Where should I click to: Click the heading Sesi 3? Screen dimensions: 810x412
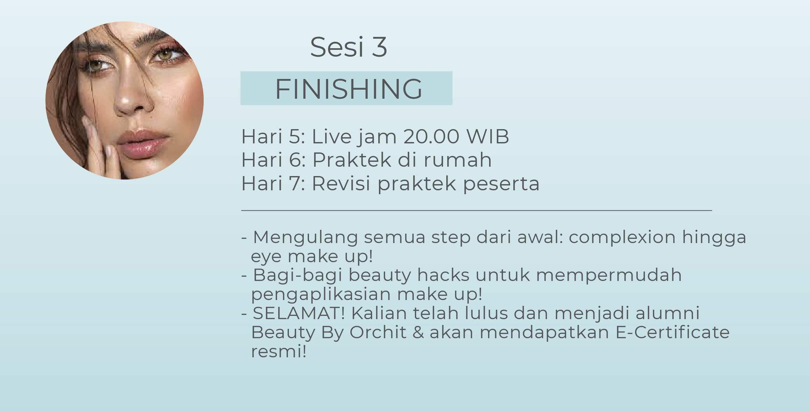(348, 47)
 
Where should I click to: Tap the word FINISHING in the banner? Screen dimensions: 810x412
(348, 89)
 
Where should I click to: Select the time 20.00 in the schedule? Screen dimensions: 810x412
(431, 136)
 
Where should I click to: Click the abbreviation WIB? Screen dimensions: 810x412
(487, 136)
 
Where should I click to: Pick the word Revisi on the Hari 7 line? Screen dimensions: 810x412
(341, 184)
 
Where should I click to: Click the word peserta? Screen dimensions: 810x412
(501, 184)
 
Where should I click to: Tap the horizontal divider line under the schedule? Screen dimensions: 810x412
(476, 210)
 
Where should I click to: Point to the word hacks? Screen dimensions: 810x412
(443, 275)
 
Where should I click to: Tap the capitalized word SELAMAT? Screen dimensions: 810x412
(299, 313)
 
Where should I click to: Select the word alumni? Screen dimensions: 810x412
(667, 313)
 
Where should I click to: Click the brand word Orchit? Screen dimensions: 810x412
(378, 332)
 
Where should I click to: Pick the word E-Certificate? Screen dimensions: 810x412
(672, 332)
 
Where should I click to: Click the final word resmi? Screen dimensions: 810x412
(279, 351)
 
